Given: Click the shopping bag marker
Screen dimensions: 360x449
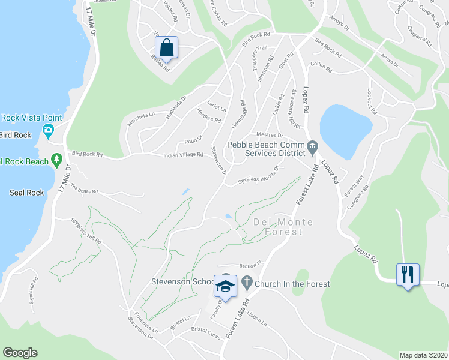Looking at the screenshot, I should (x=167, y=47).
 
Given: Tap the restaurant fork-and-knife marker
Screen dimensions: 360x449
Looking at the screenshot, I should (x=408, y=275).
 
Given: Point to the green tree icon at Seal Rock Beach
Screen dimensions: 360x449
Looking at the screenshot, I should (x=57, y=160).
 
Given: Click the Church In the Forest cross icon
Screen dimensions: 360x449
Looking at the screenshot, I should (x=246, y=281).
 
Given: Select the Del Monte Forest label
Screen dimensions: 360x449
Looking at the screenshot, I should (x=283, y=227).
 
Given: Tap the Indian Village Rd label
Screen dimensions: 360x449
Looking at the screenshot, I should (x=183, y=155).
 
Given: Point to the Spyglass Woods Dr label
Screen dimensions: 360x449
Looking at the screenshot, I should (x=258, y=174).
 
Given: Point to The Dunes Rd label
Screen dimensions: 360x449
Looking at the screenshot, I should (x=83, y=190).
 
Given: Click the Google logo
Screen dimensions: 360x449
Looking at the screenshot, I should (x=20, y=353).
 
